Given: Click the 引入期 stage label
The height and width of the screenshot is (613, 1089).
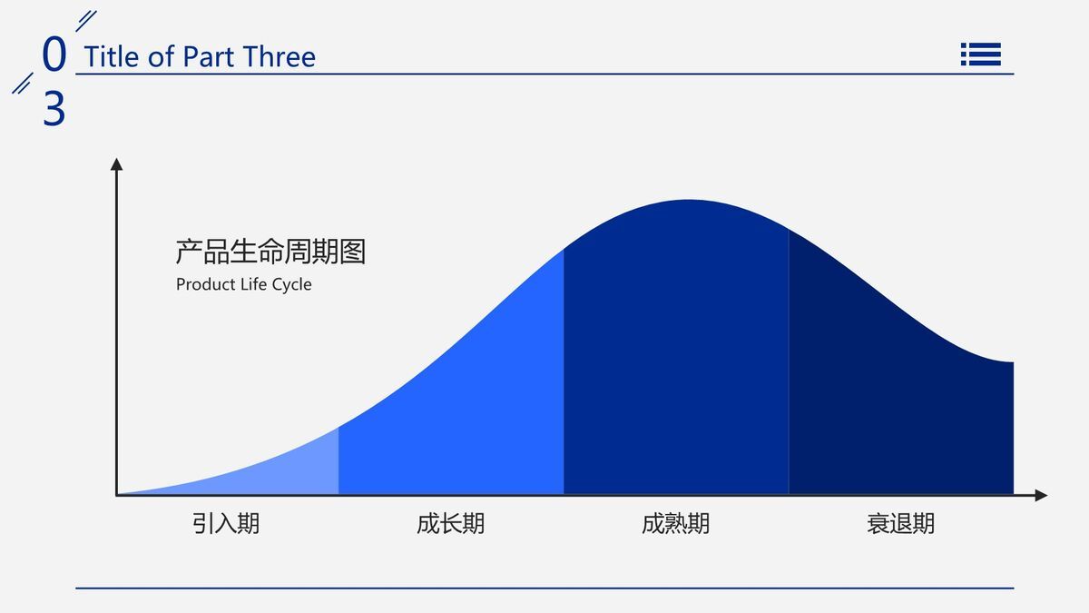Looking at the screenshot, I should pos(226,524).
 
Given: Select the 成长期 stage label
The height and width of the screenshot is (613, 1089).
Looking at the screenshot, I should pos(451,524).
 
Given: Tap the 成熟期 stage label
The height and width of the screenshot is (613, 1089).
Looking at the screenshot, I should pos(675,524).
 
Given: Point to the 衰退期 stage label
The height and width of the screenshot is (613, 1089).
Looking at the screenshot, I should pos(900,524).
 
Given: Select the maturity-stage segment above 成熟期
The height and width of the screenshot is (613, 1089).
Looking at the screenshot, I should pos(676,354).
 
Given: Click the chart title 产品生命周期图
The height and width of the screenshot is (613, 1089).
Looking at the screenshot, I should pos(270,252).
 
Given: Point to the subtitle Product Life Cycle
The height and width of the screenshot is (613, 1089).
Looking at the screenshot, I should pos(243,284).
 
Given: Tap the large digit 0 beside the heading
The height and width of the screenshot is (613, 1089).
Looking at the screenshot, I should pos(54,54).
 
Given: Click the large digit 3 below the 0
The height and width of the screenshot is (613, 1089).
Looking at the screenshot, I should pos(54,110).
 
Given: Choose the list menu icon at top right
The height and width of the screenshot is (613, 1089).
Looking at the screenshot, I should pos(980,54).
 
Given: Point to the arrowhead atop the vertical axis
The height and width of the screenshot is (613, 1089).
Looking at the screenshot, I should pos(116,164).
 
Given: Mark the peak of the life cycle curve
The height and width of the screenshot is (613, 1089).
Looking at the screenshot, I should pos(687,201).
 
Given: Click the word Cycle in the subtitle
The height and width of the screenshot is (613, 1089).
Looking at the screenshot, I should pos(291,284).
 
